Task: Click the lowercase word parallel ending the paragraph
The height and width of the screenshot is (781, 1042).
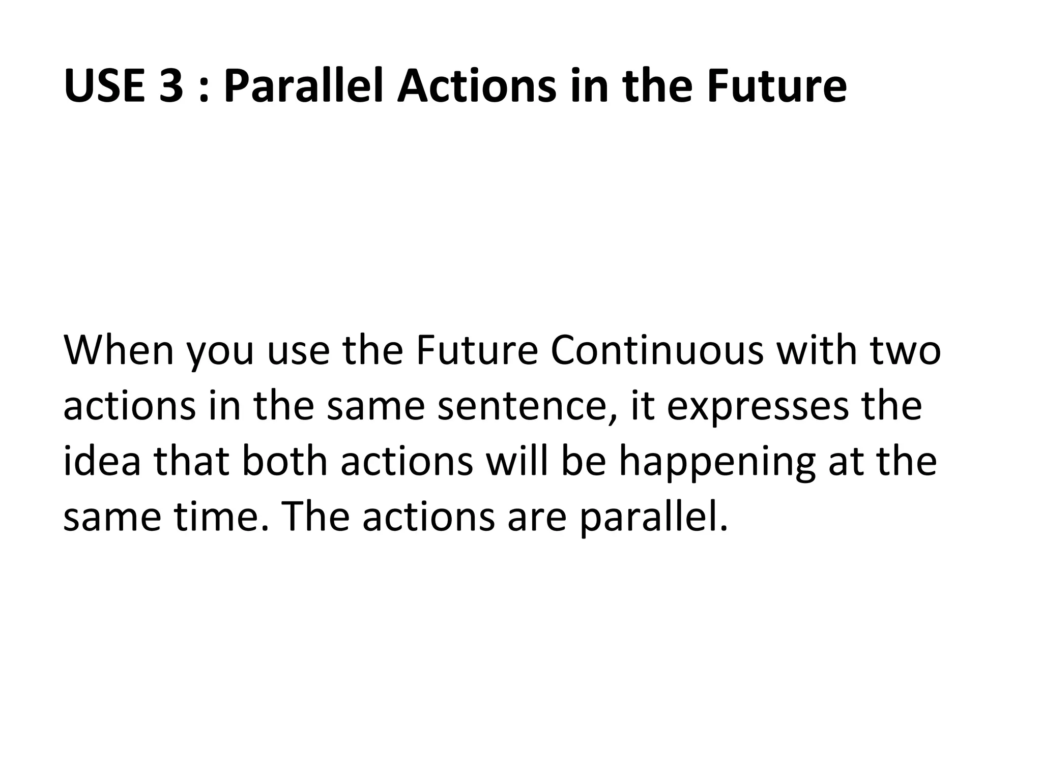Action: (x=653, y=518)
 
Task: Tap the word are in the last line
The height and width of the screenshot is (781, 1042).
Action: (x=537, y=518)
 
